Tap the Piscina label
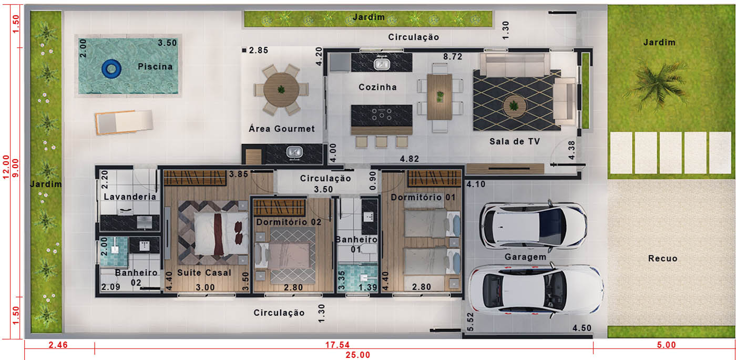[155, 67]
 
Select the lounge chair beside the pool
[124, 122]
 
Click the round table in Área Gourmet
[281, 90]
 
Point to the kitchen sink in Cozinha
[382, 64]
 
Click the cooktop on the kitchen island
[382, 115]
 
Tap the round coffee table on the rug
[514, 106]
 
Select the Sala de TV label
[515, 141]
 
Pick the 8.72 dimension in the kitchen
[453, 57]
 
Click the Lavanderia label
[130, 197]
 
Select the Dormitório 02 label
[289, 222]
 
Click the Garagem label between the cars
[525, 257]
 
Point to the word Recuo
[663, 259]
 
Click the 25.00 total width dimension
[357, 355]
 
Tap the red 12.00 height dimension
[6, 167]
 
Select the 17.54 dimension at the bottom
[338, 345]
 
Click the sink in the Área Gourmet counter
[294, 152]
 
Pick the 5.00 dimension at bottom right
[667, 345]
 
